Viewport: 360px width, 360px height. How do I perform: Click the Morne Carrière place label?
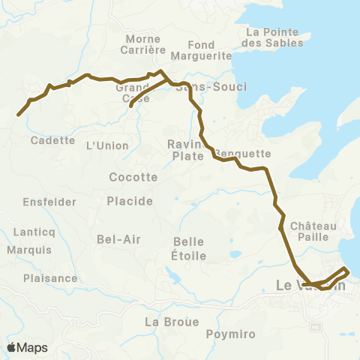(x=142, y=44)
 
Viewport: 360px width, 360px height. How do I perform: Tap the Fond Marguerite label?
(x=200, y=50)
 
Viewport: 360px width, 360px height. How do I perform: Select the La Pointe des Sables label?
(x=274, y=37)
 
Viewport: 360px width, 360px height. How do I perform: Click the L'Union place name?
(x=103, y=145)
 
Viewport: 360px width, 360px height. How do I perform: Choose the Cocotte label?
(x=133, y=178)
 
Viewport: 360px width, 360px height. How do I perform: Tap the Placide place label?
(x=130, y=201)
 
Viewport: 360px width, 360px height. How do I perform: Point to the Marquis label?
(x=28, y=249)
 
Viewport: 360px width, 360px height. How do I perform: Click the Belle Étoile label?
(x=189, y=248)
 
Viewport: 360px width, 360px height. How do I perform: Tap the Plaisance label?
(x=50, y=277)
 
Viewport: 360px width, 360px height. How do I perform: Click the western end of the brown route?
(x=18, y=115)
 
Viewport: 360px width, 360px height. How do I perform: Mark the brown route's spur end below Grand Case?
(x=131, y=106)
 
